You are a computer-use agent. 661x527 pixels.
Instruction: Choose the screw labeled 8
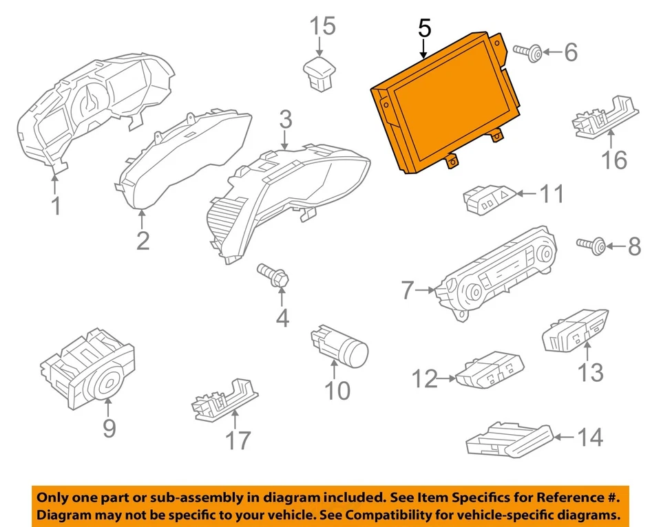[592, 244]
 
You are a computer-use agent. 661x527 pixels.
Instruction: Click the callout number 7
[406, 292]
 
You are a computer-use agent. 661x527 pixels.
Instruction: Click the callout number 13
[590, 372]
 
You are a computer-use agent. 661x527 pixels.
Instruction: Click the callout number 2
[143, 240]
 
